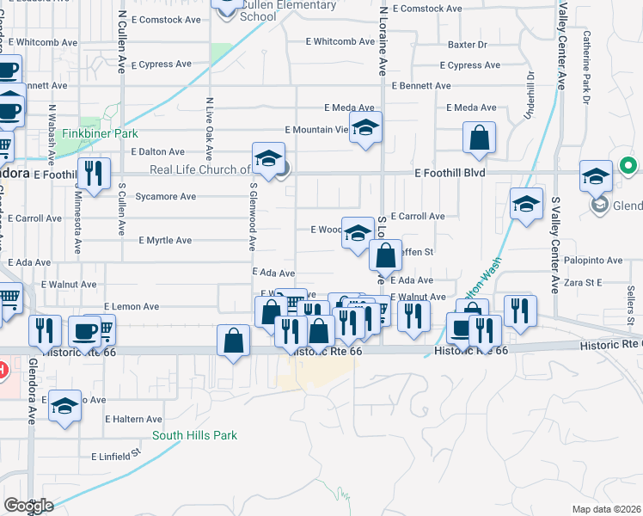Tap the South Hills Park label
tap(194, 435)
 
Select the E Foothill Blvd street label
tap(450, 173)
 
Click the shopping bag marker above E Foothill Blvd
tap(479, 138)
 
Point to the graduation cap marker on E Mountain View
tap(366, 129)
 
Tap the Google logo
tap(28, 506)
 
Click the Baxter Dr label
tap(468, 44)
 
